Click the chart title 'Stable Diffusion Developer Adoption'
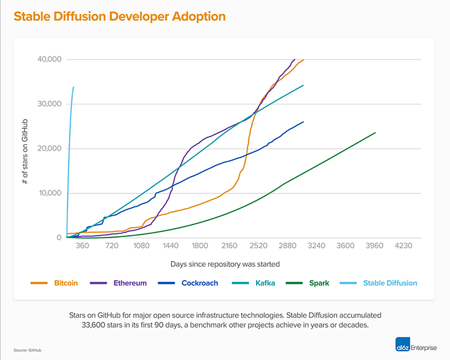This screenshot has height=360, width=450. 119,16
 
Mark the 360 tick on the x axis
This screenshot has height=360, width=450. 82,246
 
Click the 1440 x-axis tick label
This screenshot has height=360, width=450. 171,246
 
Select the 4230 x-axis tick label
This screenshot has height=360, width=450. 404,246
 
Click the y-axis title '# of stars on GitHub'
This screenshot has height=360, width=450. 25,148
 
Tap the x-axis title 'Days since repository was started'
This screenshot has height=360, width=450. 225,264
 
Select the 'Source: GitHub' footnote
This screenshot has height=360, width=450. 28,350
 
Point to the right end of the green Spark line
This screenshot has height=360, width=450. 375,133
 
